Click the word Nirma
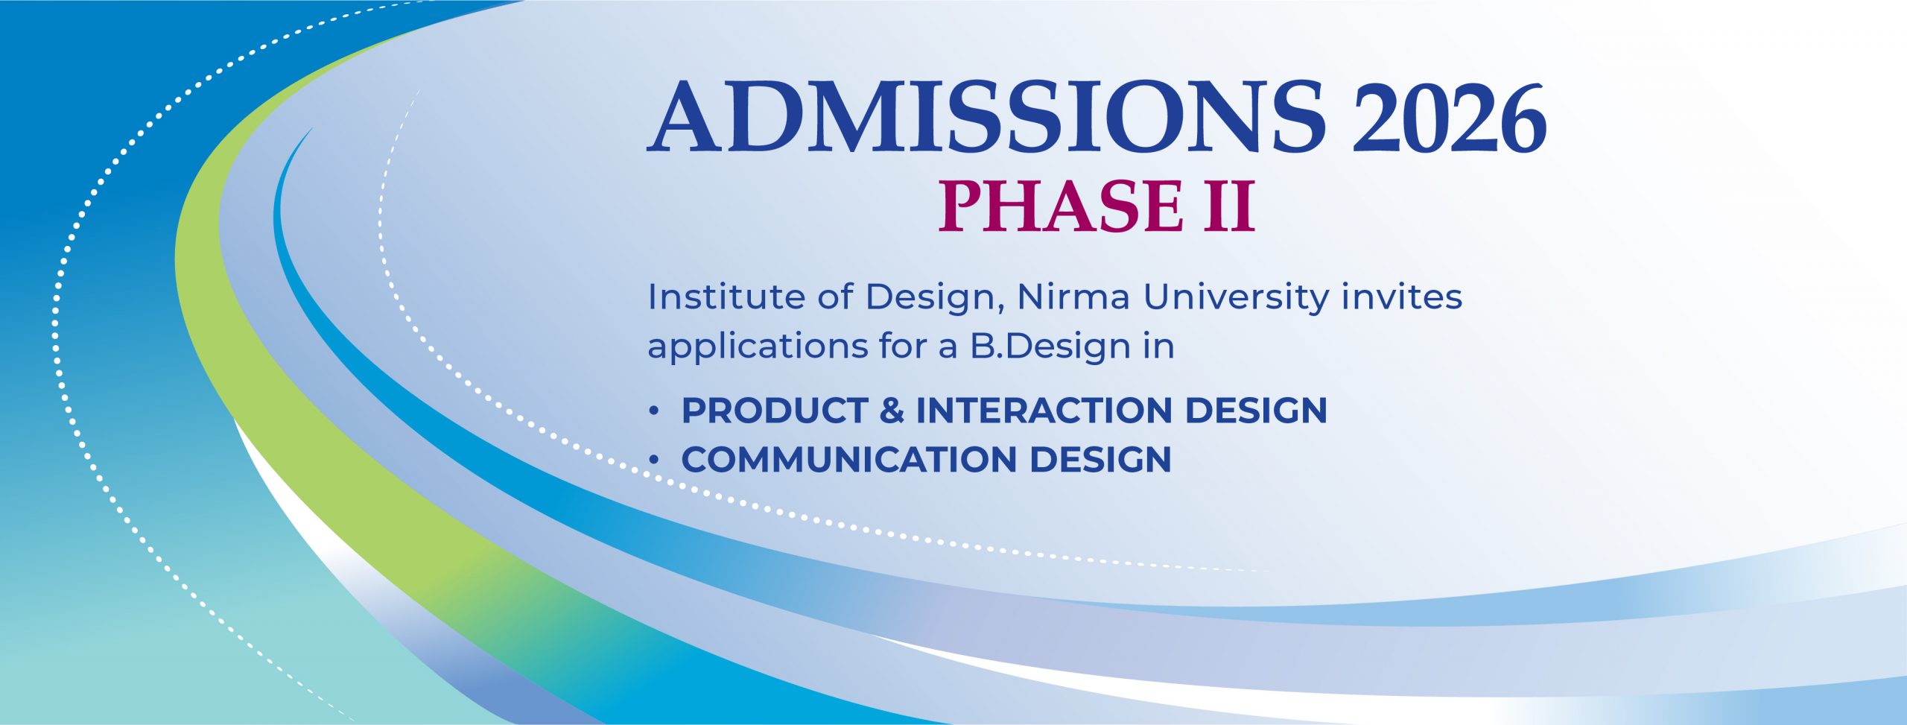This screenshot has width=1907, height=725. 1073,297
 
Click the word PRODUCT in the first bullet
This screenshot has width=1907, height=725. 775,411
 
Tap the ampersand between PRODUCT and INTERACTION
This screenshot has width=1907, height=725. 892,411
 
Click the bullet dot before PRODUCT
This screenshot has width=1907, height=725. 654,411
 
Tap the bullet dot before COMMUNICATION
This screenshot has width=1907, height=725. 654,460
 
